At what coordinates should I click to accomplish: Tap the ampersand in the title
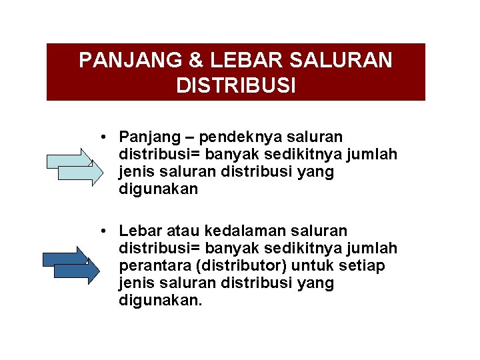click(196, 61)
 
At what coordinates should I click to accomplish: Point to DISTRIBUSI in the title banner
click(236, 85)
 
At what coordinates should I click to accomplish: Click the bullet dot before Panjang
click(105, 137)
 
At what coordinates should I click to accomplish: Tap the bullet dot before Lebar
click(105, 231)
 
